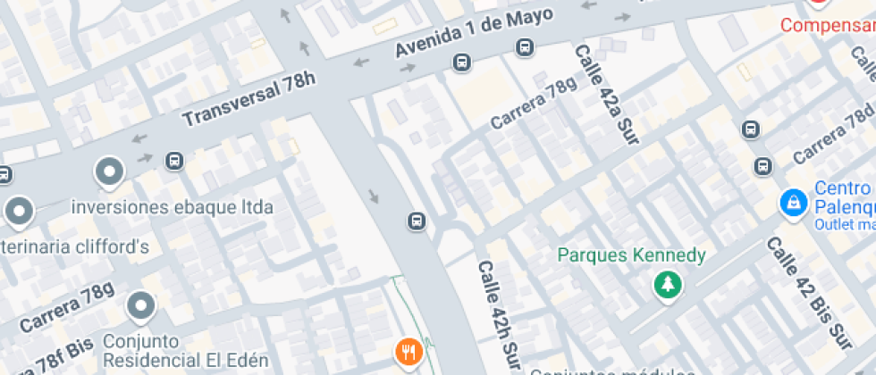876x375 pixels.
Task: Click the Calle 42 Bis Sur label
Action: tap(806, 293)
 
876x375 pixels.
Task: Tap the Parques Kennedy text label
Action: tap(631, 256)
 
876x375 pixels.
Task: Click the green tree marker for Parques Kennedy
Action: tap(667, 286)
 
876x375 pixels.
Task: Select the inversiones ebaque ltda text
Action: tap(173, 207)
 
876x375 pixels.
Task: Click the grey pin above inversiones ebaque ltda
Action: tap(109, 171)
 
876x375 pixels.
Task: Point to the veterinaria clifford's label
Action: tap(75, 247)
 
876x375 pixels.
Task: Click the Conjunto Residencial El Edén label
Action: tap(186, 351)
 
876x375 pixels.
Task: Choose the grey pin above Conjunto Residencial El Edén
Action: tap(141, 306)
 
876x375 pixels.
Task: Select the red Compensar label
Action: tap(828, 25)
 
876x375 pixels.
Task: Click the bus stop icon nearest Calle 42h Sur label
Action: tap(417, 221)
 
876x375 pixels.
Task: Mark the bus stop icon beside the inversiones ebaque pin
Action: tap(174, 161)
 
